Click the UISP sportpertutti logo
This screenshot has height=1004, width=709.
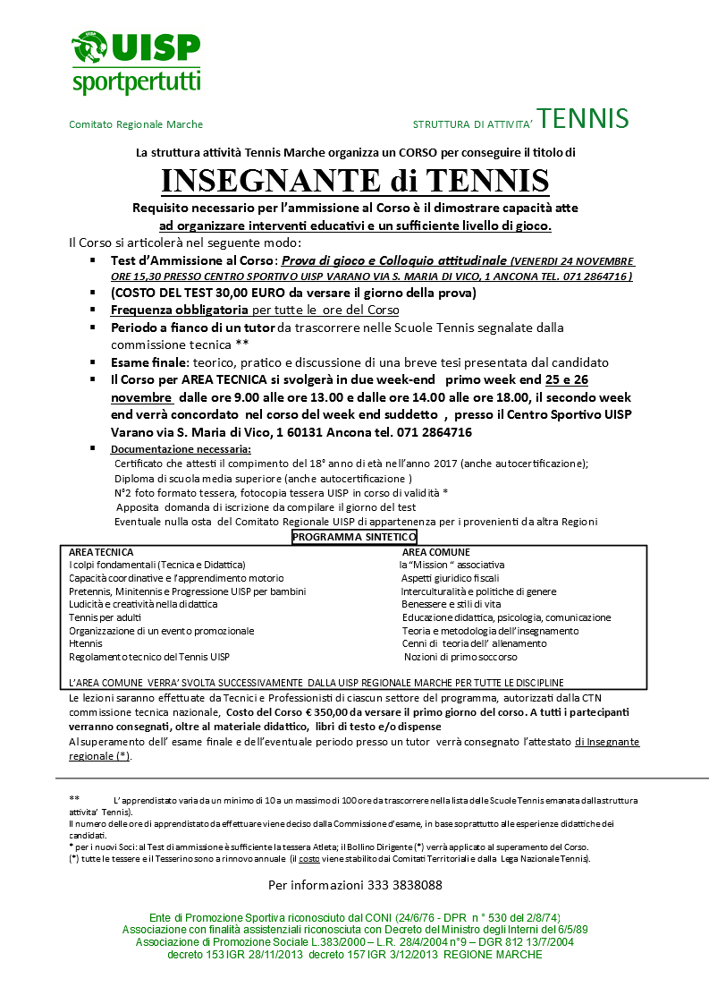click(135, 62)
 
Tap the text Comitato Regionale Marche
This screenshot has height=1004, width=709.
click(136, 124)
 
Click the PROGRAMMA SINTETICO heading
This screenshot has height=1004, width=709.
click(354, 537)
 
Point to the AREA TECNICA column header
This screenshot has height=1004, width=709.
click(101, 552)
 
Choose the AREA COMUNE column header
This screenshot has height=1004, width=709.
click(435, 552)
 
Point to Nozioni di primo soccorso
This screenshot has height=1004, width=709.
click(460, 657)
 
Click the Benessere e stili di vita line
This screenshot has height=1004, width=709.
click(451, 604)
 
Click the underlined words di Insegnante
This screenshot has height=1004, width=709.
click(607, 742)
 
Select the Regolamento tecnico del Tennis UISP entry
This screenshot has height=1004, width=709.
click(149, 657)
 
